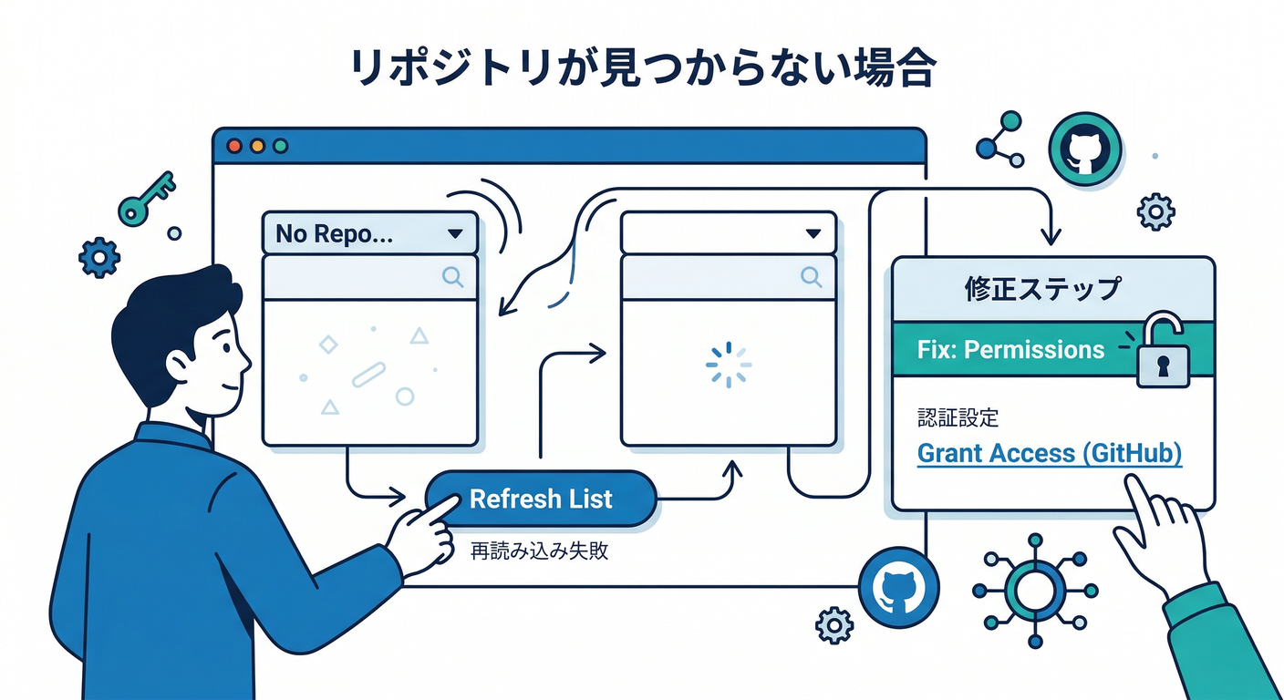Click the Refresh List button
(541, 499)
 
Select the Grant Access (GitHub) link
(1049, 453)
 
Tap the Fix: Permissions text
(1010, 349)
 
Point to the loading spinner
(729, 364)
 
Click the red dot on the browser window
(233, 146)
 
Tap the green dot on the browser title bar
(280, 146)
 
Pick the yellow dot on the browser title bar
(256, 146)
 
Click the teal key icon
(146, 197)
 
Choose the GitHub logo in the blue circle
(894, 589)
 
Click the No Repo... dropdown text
(335, 234)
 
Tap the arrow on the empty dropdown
(814, 234)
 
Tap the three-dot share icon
(1000, 139)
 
